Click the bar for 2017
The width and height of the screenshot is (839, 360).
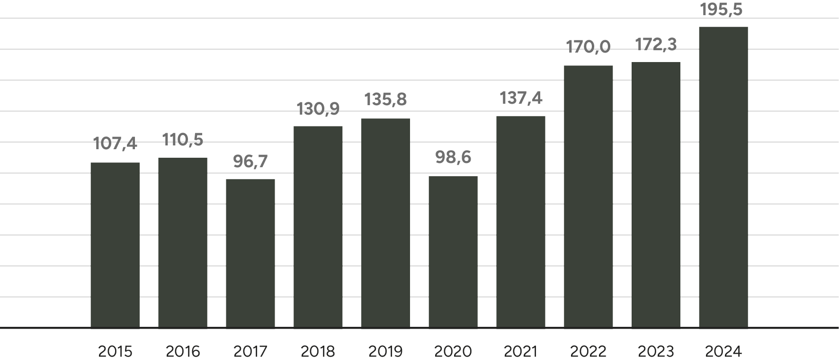(250, 253)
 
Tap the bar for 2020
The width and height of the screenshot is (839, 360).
(453, 252)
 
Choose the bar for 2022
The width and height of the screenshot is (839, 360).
(589, 196)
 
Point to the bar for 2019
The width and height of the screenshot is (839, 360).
(385, 223)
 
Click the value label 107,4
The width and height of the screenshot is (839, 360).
(115, 143)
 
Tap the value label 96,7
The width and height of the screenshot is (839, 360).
(250, 162)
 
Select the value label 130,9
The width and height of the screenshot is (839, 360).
(318, 109)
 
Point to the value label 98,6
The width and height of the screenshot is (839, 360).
(453, 157)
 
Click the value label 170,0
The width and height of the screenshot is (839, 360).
(589, 47)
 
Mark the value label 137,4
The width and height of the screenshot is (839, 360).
(521, 98)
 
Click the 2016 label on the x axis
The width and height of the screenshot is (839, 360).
(183, 351)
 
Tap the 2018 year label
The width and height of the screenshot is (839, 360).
(318, 351)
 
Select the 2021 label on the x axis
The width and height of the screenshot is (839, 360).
(521, 351)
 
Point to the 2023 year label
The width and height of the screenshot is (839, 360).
(656, 351)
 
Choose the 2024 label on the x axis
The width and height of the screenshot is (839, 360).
(723, 351)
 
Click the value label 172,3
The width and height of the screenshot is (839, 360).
(656, 45)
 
